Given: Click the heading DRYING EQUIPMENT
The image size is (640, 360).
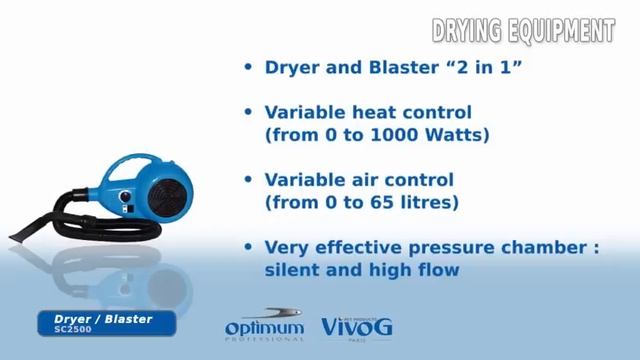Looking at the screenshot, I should click(522, 31).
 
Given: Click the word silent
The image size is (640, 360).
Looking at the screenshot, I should click(294, 269).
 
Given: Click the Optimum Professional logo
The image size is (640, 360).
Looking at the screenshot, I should click(263, 326).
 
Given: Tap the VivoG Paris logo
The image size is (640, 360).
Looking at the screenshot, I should click(357, 327).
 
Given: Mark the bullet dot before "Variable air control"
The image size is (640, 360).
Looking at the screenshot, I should click(248, 180).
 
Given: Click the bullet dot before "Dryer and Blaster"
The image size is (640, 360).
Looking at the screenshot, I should click(248, 68).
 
